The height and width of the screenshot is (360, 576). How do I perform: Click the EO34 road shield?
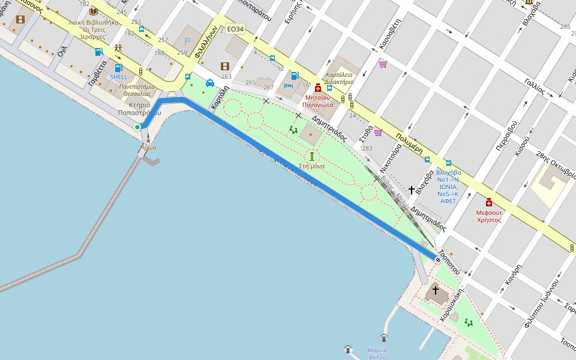(235, 29)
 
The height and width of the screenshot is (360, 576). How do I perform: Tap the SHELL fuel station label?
(118, 77)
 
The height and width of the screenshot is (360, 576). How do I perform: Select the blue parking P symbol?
(187, 41)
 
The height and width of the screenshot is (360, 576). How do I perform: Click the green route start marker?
(137, 127)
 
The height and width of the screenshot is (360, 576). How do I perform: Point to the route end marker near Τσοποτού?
(438, 260)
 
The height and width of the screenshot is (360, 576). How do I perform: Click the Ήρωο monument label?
(148, 148)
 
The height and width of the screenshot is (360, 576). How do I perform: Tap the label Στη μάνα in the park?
(311, 166)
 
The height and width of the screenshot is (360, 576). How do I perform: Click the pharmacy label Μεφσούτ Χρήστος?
(489, 216)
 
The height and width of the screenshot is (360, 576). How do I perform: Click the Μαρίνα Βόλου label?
(377, 354)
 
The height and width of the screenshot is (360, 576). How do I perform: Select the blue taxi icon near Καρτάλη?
(210, 83)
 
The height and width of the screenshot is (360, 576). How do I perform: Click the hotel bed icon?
(288, 86)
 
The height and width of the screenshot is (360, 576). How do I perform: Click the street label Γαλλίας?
(534, 87)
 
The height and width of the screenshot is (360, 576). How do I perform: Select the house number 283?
(367, 148)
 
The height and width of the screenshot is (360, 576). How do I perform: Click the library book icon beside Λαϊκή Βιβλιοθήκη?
(93, 11)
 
